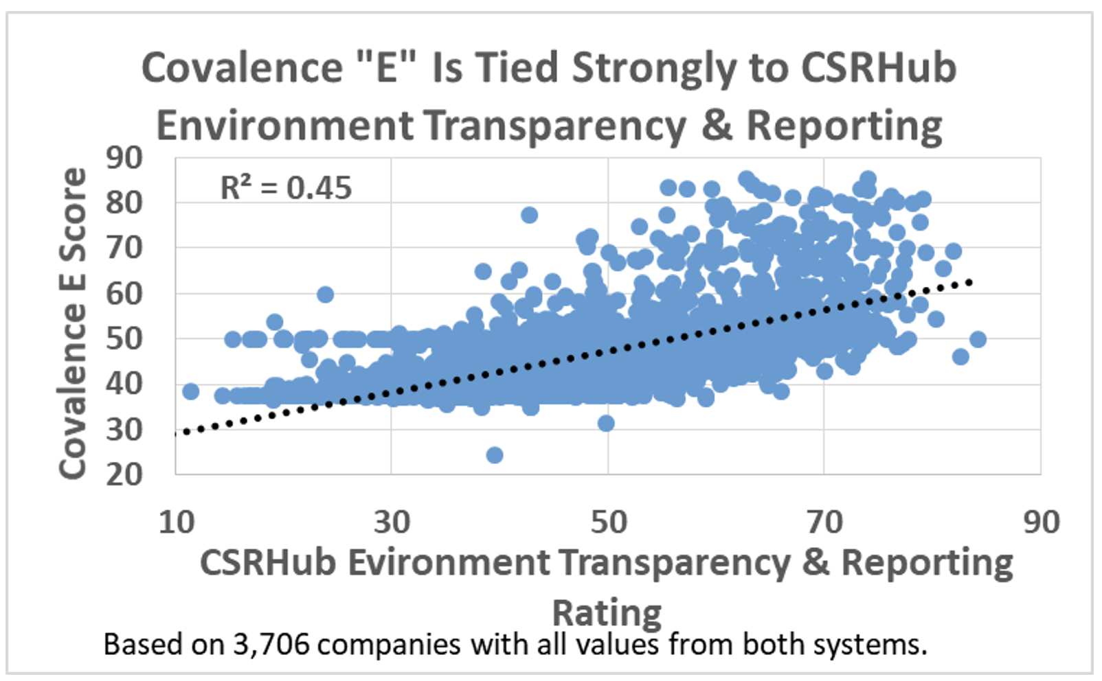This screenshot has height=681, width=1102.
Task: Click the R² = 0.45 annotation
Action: tap(286, 187)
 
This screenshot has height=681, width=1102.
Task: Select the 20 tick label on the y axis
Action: tap(124, 474)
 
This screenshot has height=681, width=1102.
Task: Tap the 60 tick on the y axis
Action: tap(124, 293)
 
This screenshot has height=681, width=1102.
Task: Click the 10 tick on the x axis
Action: tap(177, 522)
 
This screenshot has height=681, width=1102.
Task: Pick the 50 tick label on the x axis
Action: tap(609, 522)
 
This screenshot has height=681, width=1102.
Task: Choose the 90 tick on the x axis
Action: tap(1041, 522)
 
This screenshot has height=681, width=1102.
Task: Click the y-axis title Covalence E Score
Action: tap(73, 323)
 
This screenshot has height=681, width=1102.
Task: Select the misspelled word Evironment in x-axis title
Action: tap(449, 563)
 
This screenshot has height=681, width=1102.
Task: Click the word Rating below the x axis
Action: tap(607, 612)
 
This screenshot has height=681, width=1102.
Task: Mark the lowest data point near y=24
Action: tap(494, 455)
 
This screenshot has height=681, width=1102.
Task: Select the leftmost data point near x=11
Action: tap(191, 391)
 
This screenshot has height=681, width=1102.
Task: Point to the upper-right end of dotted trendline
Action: tap(969, 281)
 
